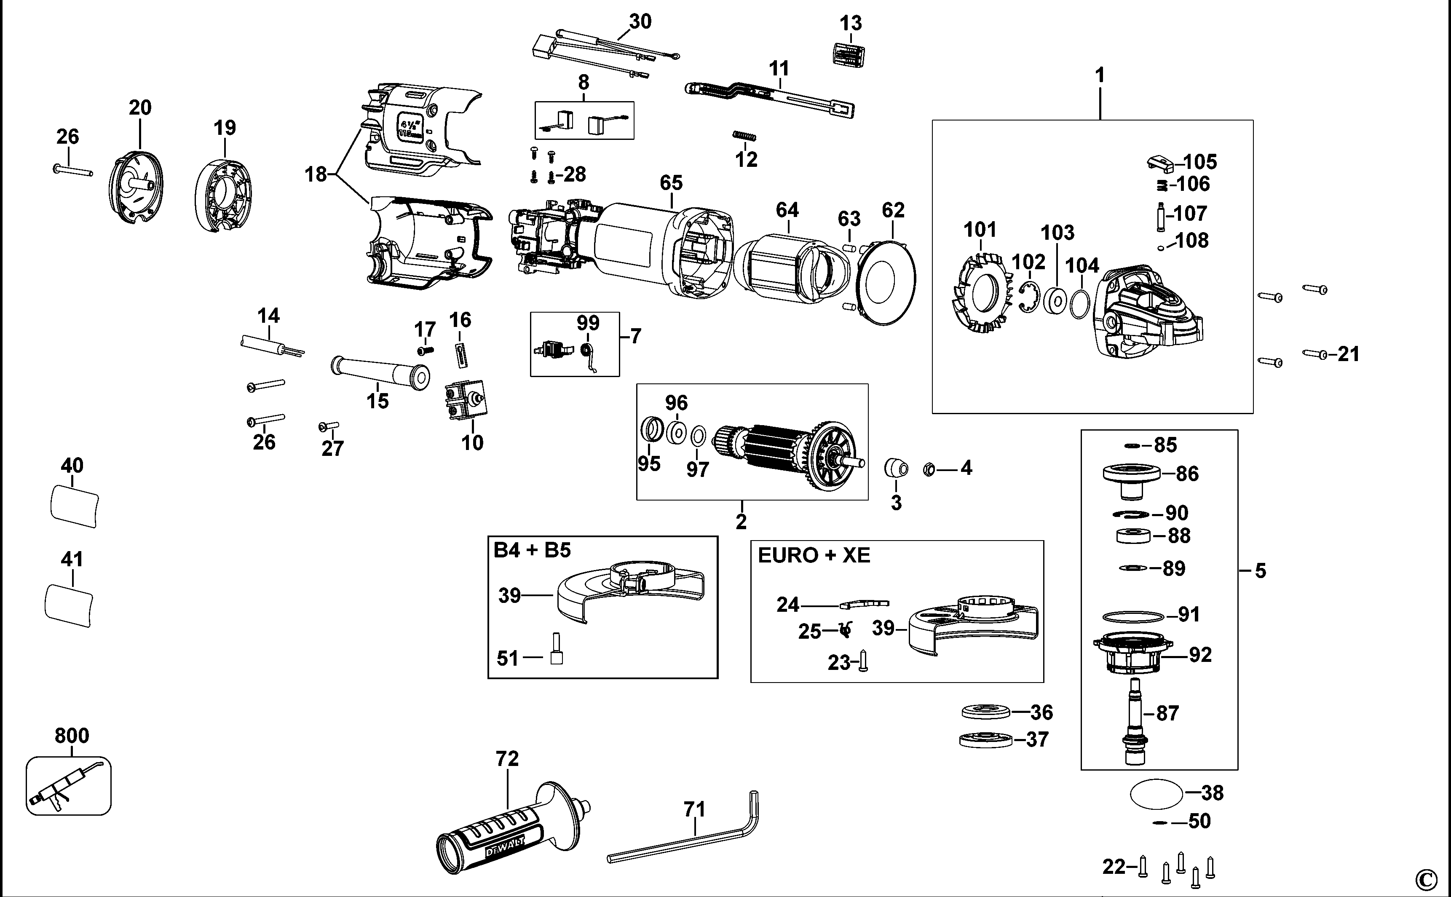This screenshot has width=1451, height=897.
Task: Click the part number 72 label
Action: [x=507, y=759]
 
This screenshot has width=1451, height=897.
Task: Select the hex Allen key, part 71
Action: [x=682, y=842]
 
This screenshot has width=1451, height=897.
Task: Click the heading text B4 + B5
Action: [x=532, y=550]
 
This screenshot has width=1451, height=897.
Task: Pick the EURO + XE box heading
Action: [x=814, y=555]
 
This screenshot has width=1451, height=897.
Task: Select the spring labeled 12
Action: [x=744, y=137]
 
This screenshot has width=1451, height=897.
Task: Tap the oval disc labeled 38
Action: [x=1156, y=794]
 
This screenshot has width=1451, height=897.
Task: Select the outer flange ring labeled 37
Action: [x=985, y=740]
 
